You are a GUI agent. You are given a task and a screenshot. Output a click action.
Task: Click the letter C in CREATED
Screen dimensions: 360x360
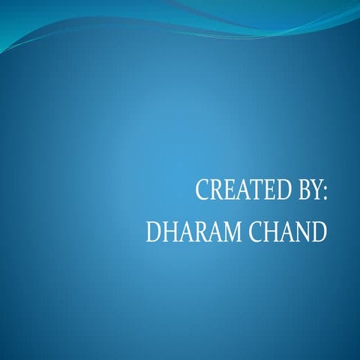(x=202, y=190)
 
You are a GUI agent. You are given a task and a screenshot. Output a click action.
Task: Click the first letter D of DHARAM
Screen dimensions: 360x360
(x=154, y=232)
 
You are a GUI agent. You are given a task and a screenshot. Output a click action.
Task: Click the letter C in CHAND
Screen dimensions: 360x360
(x=251, y=232)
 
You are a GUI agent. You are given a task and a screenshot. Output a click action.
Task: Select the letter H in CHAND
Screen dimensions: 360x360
(x=268, y=232)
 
